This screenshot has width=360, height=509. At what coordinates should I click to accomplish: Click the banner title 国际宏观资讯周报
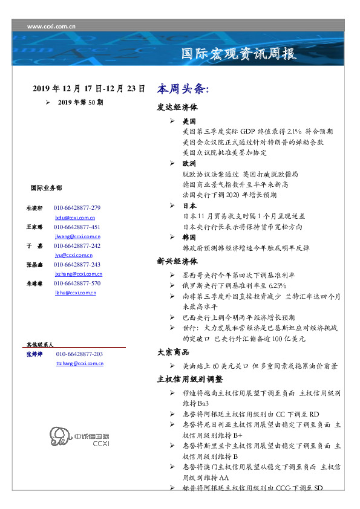(x=239, y=54)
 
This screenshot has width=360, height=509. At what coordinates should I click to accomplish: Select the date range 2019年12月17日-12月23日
(x=89, y=89)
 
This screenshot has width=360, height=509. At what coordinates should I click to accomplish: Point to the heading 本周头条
(x=183, y=89)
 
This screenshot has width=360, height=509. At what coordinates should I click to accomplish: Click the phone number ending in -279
(x=77, y=207)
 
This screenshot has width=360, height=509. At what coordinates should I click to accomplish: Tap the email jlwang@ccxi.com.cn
(x=77, y=236)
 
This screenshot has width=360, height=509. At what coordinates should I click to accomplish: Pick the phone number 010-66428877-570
(x=77, y=283)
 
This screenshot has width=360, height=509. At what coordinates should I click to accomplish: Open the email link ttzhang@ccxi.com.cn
(x=79, y=363)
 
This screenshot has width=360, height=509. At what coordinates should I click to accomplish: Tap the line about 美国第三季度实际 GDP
(x=257, y=131)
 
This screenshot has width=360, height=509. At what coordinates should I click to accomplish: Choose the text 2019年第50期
(x=80, y=103)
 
